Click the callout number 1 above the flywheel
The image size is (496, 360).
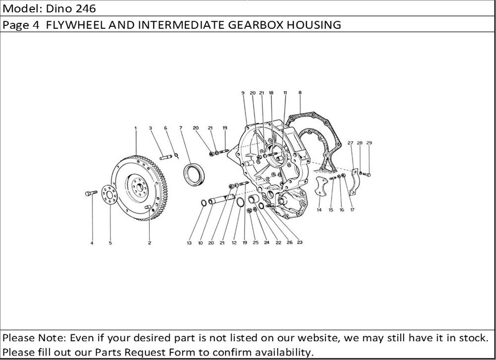[135, 128]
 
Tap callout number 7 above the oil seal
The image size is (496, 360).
[181, 128]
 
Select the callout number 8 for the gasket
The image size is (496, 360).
[300, 92]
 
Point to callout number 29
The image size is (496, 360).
[369, 143]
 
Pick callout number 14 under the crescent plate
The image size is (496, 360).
[318, 210]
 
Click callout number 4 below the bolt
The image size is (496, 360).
[92, 243]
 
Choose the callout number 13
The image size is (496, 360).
[189, 243]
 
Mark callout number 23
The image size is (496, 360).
[300, 243]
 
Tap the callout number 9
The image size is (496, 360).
[244, 93]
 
